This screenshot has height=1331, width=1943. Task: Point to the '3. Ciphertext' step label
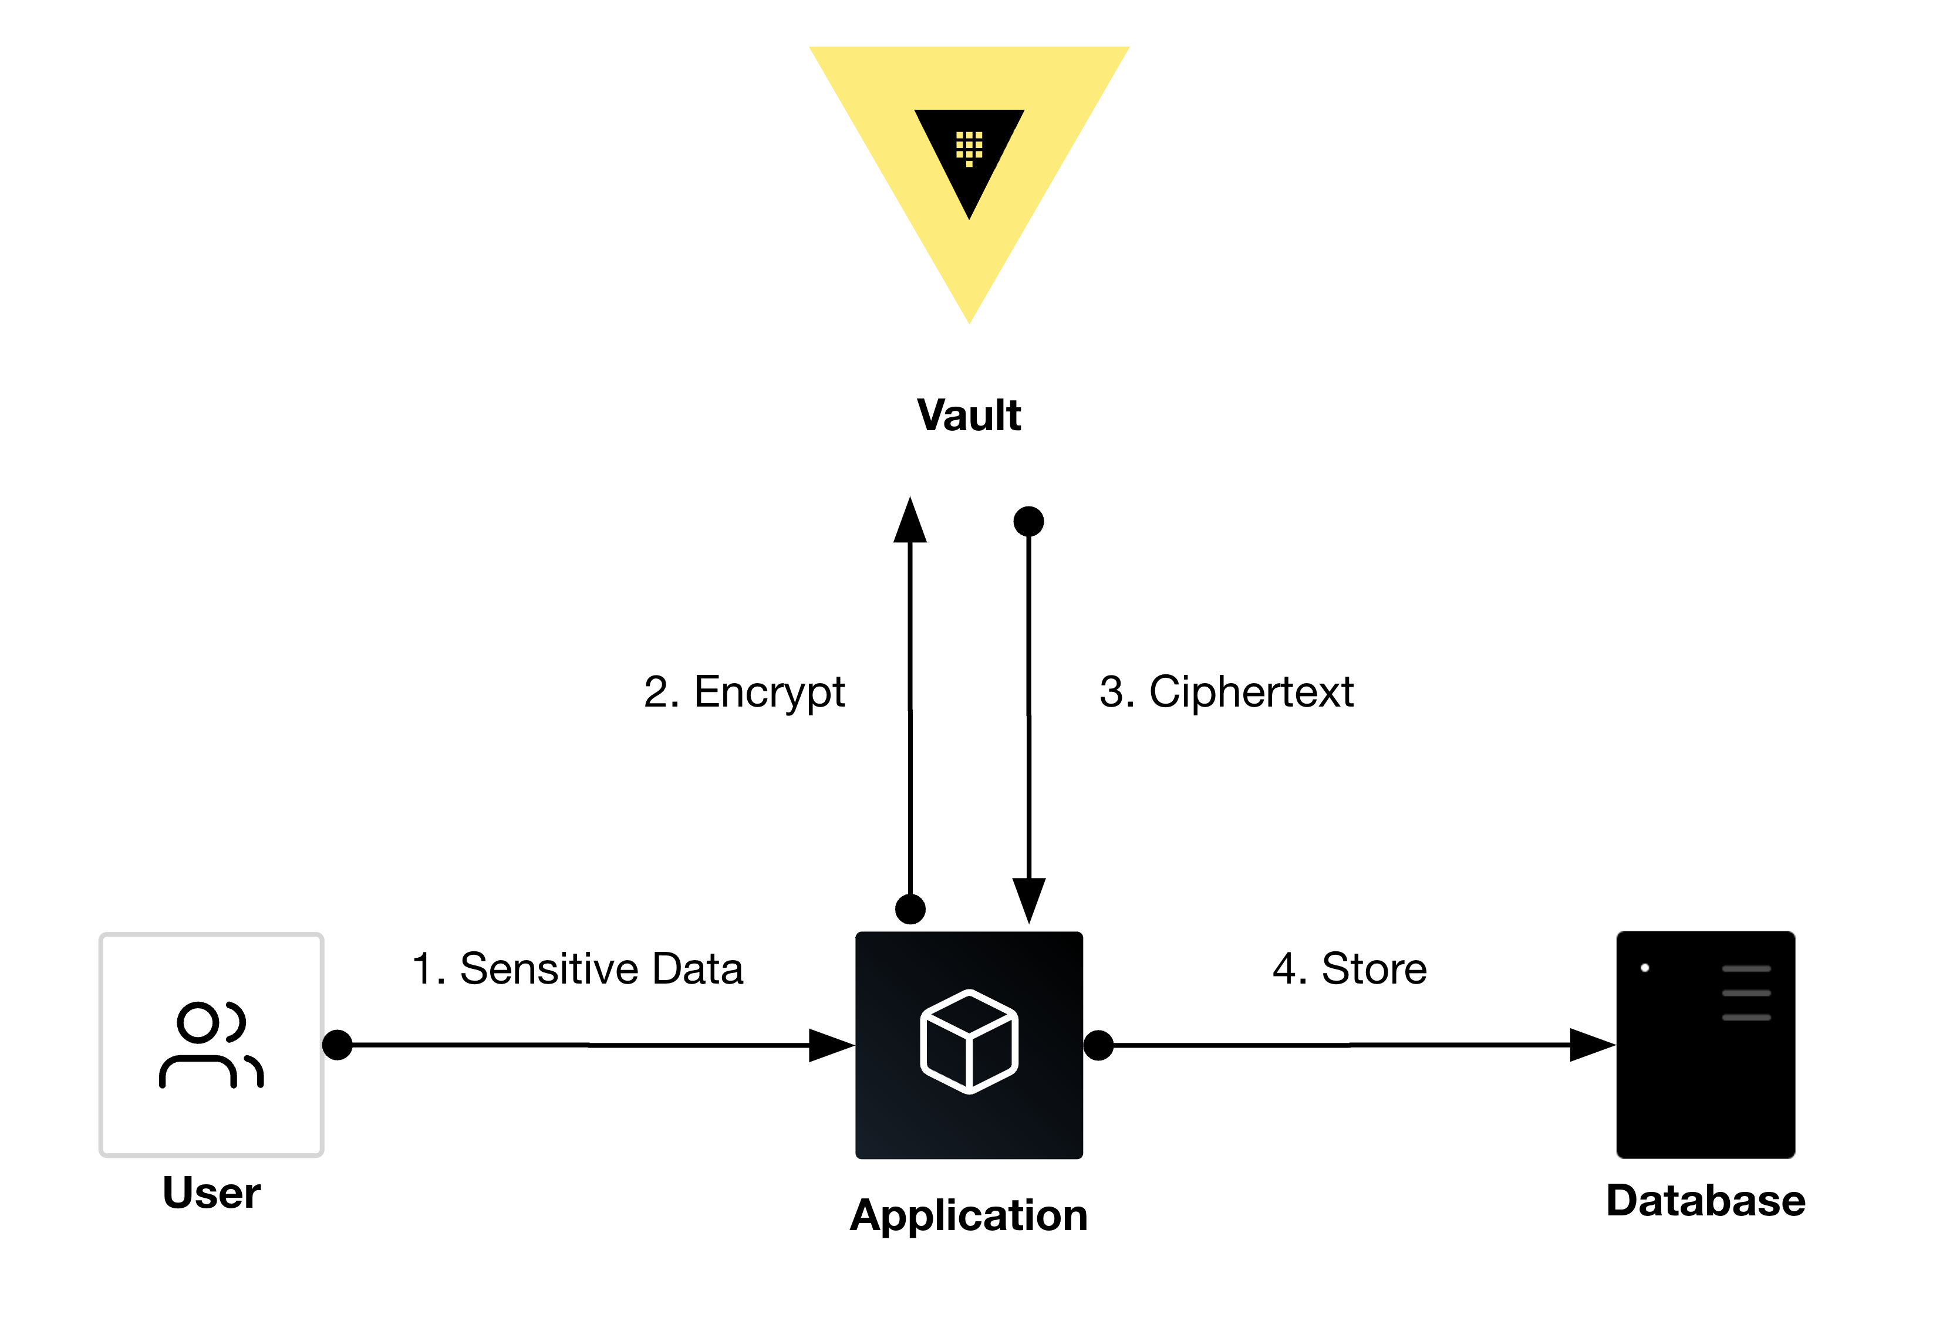pyautogui.click(x=1226, y=692)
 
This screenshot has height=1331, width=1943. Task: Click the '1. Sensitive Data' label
pyautogui.click(x=577, y=968)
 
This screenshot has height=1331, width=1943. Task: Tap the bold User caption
pyautogui.click(x=211, y=1193)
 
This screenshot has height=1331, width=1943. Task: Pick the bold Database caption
pyautogui.click(x=1706, y=1201)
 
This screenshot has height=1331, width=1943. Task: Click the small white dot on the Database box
pyautogui.click(x=1645, y=968)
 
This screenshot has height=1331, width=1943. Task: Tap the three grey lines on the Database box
pyautogui.click(x=1746, y=992)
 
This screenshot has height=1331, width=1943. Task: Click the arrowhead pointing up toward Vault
pyautogui.click(x=910, y=522)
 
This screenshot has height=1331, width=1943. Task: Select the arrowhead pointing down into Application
pyautogui.click(x=1028, y=900)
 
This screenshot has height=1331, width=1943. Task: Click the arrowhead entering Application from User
pyautogui.click(x=830, y=1045)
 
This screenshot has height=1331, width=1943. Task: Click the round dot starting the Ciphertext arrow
pyautogui.click(x=1028, y=522)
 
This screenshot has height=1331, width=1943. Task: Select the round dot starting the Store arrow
pyautogui.click(x=1098, y=1045)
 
